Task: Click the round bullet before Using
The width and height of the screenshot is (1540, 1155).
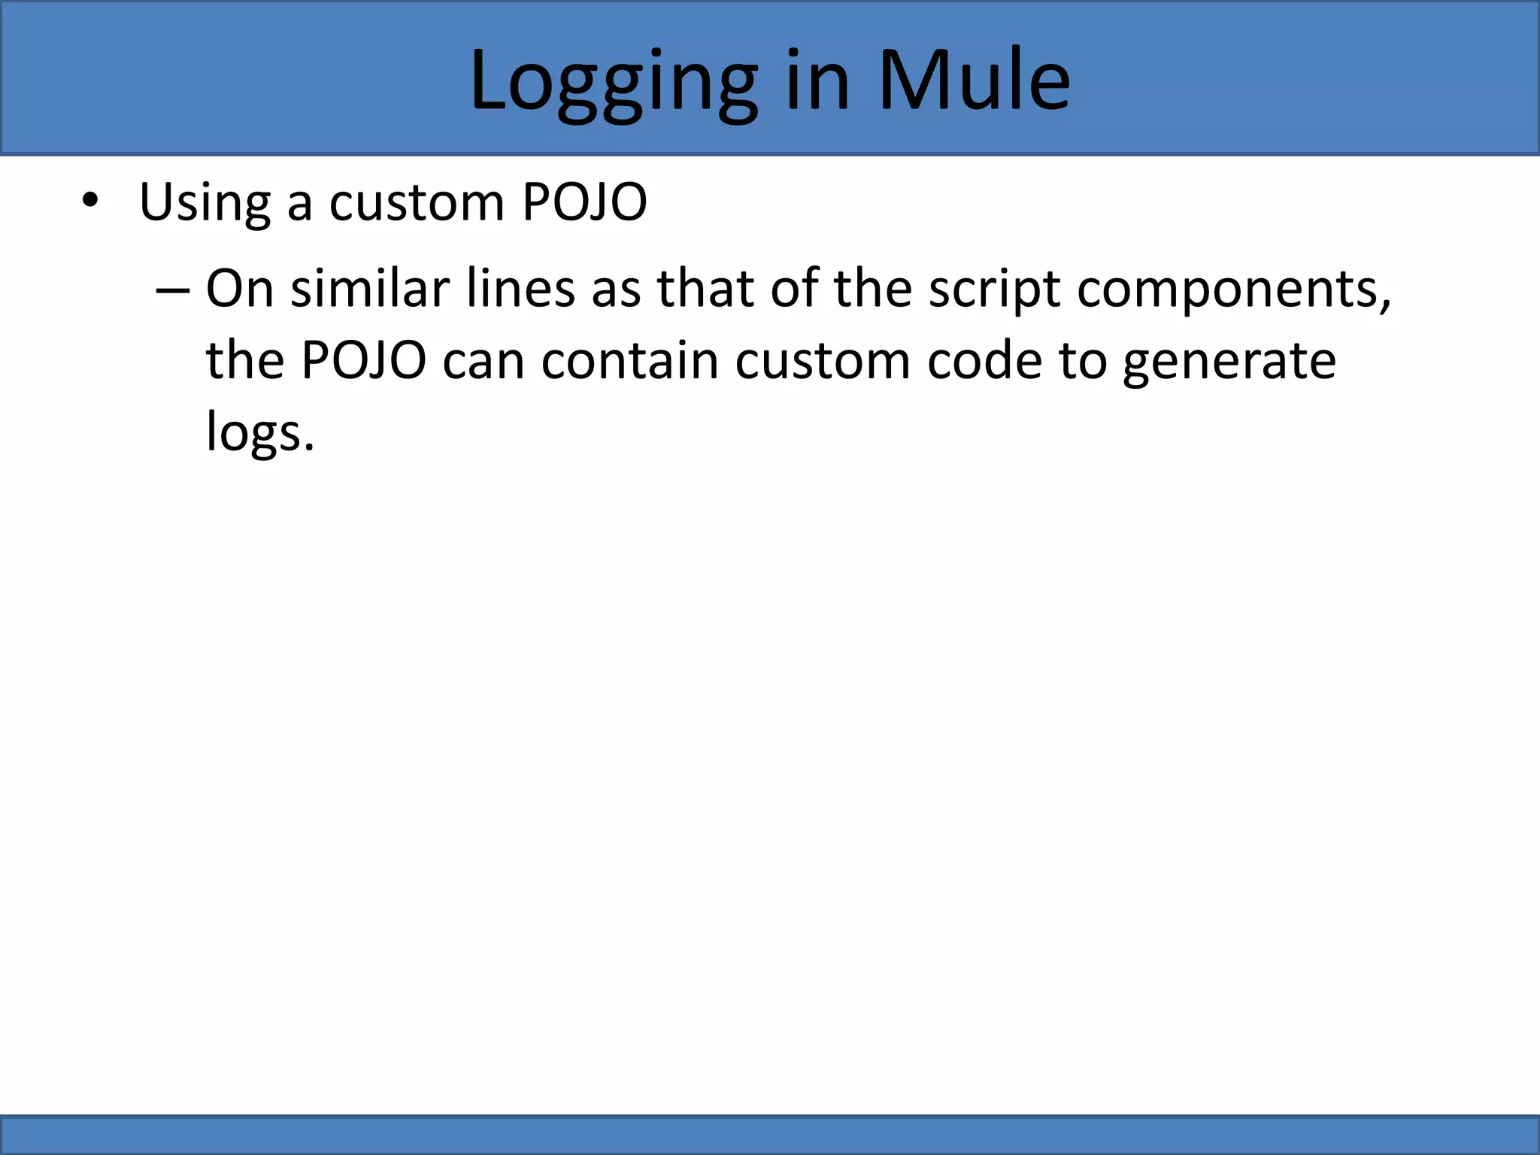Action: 90,201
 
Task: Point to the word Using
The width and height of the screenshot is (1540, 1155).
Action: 205,202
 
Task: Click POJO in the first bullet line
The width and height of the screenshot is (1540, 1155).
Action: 584,202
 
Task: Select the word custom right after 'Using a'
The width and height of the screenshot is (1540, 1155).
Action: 417,202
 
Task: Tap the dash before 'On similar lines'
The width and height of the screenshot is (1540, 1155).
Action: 171,290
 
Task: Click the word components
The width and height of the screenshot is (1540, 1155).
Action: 1234,290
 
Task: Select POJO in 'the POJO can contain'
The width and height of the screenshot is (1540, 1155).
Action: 363,360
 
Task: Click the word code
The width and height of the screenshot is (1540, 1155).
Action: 984,360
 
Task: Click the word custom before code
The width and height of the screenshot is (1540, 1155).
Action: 822,360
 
